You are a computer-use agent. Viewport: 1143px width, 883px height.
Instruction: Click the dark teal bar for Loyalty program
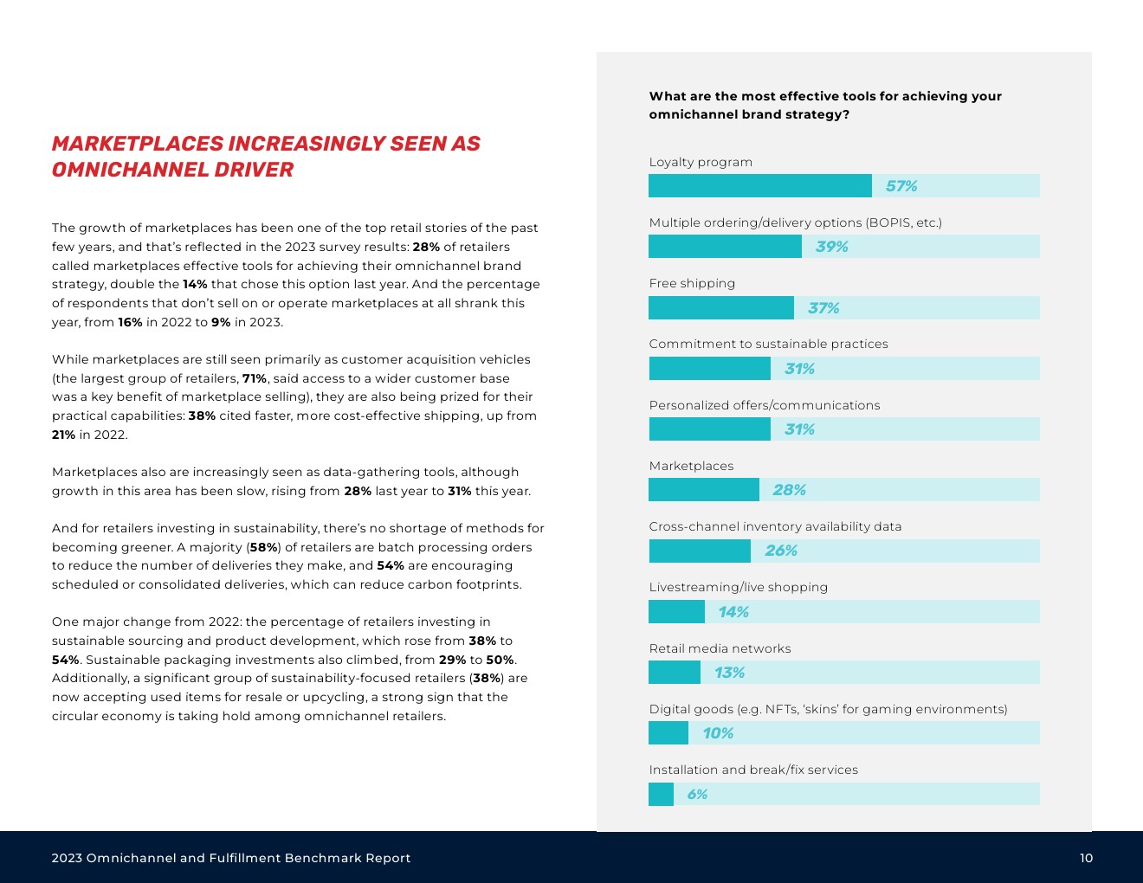click(x=760, y=186)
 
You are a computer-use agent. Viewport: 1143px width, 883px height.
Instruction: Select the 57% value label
click(x=901, y=186)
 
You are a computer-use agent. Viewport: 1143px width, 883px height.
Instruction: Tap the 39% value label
click(x=831, y=247)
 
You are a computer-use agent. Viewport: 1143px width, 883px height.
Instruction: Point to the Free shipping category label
click(x=692, y=283)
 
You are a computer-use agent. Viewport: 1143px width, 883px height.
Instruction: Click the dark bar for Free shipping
click(x=721, y=308)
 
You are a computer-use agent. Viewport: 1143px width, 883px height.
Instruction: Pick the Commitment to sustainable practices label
click(x=768, y=344)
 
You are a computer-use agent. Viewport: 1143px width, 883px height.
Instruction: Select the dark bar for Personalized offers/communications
click(x=709, y=429)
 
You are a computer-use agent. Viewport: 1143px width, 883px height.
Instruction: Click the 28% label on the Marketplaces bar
click(x=789, y=490)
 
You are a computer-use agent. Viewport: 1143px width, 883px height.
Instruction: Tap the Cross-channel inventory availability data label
click(x=775, y=526)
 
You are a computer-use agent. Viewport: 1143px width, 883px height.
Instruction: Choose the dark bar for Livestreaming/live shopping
click(x=676, y=612)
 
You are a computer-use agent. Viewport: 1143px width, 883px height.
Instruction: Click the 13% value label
click(x=729, y=673)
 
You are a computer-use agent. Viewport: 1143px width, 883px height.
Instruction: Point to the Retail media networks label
click(x=720, y=648)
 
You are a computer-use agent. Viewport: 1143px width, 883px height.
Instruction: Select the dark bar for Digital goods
click(x=668, y=733)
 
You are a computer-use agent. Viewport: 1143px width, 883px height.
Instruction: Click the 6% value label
click(x=697, y=794)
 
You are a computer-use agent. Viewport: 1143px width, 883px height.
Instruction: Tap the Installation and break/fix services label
click(x=753, y=770)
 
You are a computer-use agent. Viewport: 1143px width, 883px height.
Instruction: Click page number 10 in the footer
click(x=1086, y=858)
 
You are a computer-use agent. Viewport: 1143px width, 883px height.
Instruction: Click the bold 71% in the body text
click(x=254, y=378)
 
